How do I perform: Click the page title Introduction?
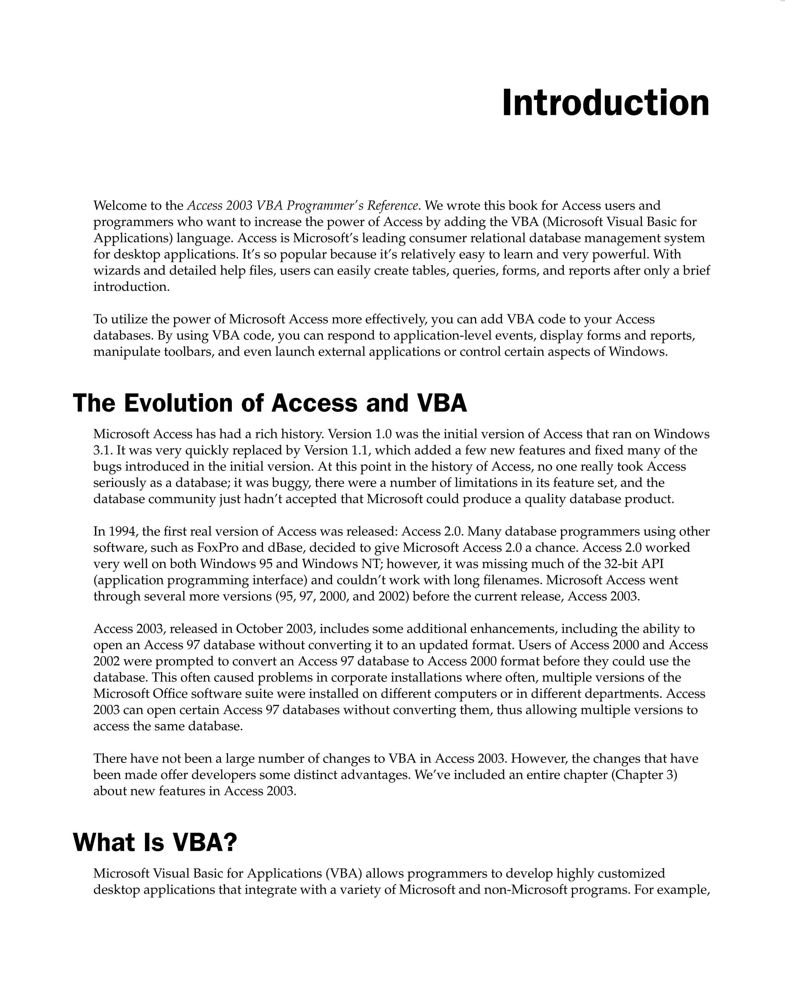(605, 103)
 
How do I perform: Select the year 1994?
(123, 532)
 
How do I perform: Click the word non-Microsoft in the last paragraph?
(525, 889)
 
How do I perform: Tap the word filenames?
(513, 580)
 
